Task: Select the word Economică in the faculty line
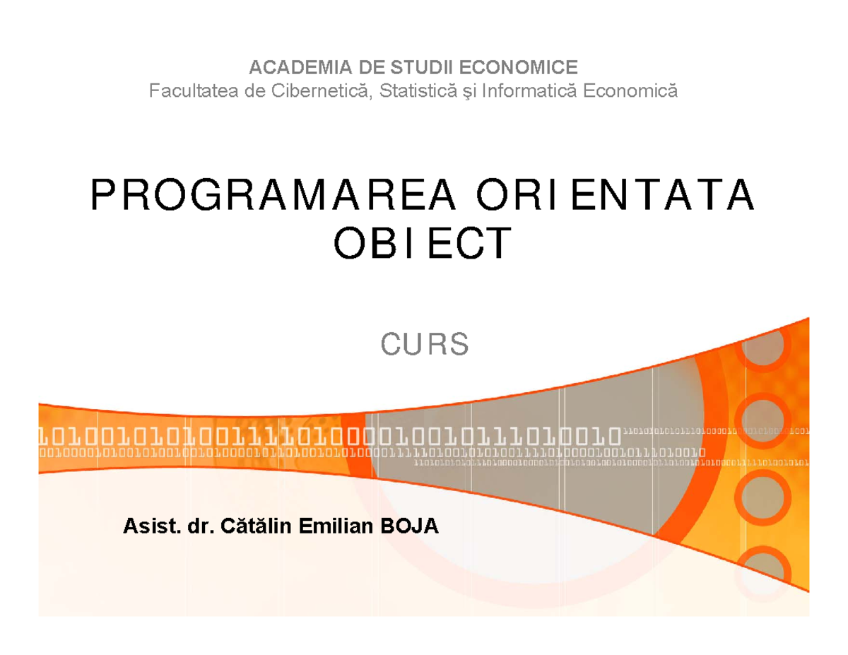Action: (630, 90)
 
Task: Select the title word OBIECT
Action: (422, 244)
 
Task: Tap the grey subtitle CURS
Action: (425, 346)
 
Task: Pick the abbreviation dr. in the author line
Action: (199, 526)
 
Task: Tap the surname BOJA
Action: (410, 526)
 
